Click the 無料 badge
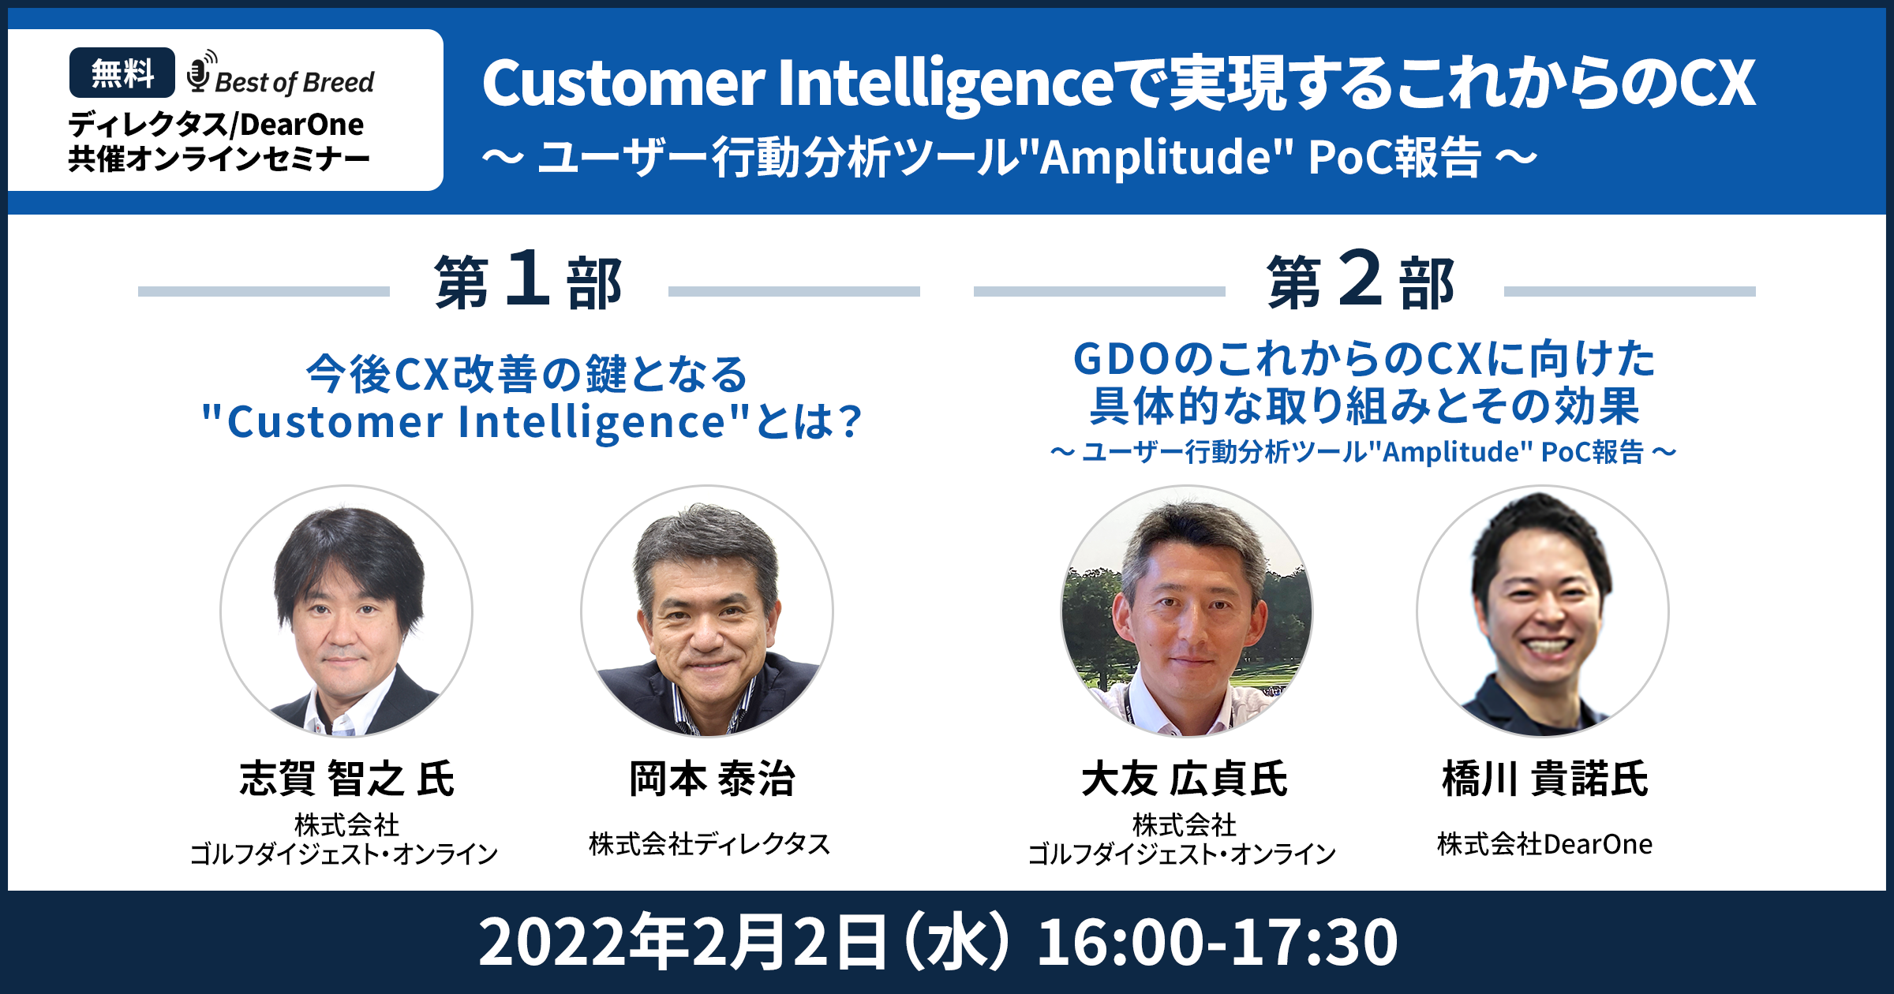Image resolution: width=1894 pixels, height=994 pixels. point(122,73)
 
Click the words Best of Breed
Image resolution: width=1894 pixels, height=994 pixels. point(294,82)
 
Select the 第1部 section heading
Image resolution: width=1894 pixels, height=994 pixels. point(528,281)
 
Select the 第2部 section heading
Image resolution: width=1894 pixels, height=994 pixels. point(1361,281)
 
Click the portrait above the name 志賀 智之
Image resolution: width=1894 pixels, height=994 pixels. point(346,611)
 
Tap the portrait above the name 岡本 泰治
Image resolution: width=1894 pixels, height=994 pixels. point(707,611)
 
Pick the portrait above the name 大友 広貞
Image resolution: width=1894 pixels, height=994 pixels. point(1186,611)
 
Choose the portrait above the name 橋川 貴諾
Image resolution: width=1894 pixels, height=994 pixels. point(1543,611)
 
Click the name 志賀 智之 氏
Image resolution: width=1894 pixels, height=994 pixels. point(346,779)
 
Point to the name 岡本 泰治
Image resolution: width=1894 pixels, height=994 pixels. point(712,779)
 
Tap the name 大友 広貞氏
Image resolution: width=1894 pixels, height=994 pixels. point(1185,779)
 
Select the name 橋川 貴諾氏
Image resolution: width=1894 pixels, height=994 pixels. point(1545,779)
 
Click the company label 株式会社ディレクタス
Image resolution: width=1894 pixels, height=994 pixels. point(709,844)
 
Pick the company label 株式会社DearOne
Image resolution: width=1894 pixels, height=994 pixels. point(1544,844)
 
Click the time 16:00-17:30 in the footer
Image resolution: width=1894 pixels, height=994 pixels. point(1217,942)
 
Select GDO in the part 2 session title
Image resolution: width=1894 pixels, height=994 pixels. point(1121,360)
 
